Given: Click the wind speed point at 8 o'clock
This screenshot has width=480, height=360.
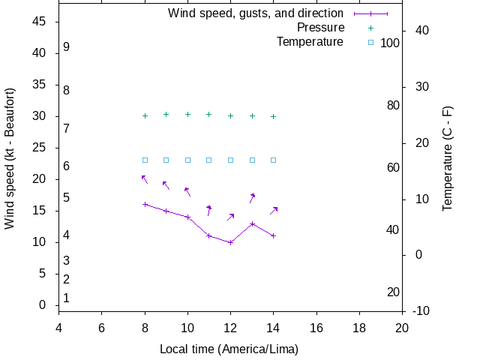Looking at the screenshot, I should [x=145, y=204].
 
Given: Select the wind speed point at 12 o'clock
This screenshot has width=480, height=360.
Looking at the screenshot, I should [x=231, y=242].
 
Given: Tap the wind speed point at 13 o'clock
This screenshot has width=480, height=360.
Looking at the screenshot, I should [x=253, y=223].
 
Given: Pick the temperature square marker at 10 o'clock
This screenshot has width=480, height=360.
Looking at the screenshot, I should [x=188, y=160].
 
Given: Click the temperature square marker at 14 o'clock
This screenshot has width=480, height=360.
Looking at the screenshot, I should [x=274, y=160].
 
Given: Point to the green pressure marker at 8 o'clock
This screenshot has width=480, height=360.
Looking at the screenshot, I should [x=145, y=115].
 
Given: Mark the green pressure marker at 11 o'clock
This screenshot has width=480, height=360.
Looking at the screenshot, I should [x=209, y=115].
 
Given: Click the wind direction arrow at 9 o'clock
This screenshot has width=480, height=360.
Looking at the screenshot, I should [x=166, y=185].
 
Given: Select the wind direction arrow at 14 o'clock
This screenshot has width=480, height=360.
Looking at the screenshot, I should [x=274, y=211].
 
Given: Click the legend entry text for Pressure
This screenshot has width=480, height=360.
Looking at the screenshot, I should [x=320, y=28].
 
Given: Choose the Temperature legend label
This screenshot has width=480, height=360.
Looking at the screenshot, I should [x=310, y=42].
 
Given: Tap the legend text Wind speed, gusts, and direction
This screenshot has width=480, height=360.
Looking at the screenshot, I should [x=256, y=13].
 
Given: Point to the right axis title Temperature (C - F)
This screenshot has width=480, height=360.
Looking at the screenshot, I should [x=448, y=158].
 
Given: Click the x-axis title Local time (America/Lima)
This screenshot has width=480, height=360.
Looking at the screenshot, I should [x=229, y=349].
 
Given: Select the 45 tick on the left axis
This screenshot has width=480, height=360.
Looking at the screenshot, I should [x=40, y=22].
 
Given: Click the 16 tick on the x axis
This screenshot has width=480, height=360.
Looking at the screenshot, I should [x=317, y=327].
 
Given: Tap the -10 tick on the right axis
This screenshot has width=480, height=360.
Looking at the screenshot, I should [x=421, y=310].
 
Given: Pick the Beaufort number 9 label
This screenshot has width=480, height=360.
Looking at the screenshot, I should [x=67, y=46].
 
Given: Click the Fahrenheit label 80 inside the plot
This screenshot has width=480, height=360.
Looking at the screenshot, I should [x=393, y=105].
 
